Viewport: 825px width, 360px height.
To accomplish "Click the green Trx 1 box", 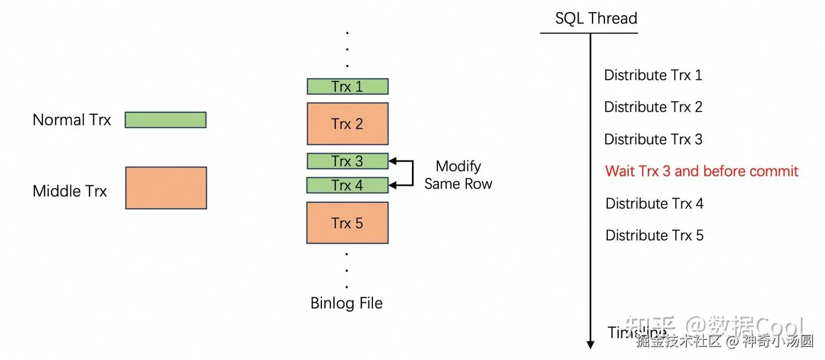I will (347, 87).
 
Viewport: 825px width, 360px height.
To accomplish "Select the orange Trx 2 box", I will (347, 124).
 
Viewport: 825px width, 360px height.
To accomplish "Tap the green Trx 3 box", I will (347, 162).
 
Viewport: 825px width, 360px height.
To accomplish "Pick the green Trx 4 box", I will (347, 186).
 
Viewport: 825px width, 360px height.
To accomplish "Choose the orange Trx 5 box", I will (347, 223).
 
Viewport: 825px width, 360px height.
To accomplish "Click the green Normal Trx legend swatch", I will (166, 120).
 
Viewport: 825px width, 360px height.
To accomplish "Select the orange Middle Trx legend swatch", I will (166, 188).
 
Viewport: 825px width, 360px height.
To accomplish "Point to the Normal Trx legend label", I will (72, 120).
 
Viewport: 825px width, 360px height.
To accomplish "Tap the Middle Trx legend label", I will (69, 191).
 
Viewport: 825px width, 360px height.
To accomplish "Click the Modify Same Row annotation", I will (458, 175).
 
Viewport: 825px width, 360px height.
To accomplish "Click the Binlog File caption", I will (346, 303).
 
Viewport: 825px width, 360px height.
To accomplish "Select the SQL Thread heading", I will (596, 18).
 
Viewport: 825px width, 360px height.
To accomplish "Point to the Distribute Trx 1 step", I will (653, 75).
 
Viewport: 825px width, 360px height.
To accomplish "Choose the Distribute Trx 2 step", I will (653, 107).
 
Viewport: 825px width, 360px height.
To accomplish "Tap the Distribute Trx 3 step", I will (653, 139).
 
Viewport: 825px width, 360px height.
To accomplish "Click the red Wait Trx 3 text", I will (702, 171).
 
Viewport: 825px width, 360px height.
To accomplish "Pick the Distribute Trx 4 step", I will (654, 204).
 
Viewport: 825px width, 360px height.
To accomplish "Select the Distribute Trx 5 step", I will (654, 235).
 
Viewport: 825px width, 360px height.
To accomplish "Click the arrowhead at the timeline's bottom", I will (590, 344).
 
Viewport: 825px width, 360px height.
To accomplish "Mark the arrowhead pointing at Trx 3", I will (392, 162).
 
